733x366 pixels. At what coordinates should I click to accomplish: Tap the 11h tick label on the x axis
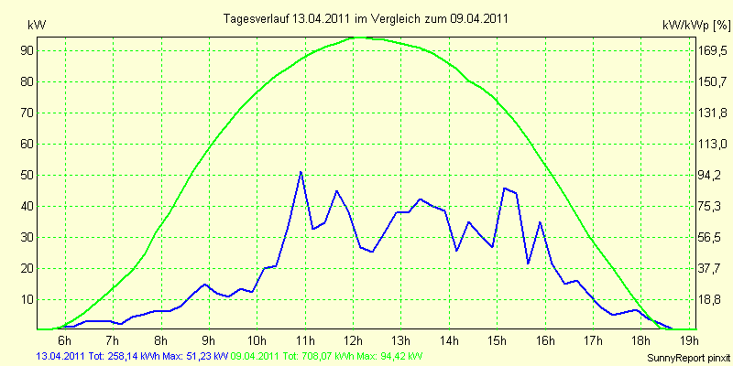point(305,339)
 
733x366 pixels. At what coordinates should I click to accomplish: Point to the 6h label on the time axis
point(65,339)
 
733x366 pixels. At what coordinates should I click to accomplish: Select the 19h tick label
point(690,339)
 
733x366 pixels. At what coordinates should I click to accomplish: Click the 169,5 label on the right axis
point(712,51)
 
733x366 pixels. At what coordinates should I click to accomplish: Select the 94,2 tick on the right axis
point(709,175)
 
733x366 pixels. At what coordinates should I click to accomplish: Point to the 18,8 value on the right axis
point(709,300)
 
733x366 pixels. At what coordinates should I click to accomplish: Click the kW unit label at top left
point(38,26)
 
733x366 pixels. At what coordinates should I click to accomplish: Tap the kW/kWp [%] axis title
point(695,26)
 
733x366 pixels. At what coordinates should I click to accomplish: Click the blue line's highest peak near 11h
point(301,172)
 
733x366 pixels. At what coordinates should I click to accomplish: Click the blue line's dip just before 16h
point(529,264)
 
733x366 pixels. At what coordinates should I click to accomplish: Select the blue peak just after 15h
point(504,188)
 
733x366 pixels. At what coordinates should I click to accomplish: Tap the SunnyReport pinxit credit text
point(688,358)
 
